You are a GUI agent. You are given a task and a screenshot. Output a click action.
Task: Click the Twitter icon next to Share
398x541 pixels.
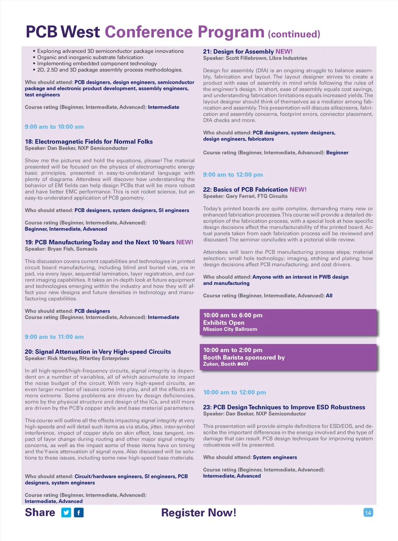[x=66, y=513]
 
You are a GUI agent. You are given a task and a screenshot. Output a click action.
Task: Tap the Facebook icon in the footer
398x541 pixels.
[x=79, y=513]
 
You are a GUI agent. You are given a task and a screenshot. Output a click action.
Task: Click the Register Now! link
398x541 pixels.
[x=199, y=513]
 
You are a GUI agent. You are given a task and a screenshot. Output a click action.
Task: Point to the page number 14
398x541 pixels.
[x=368, y=513]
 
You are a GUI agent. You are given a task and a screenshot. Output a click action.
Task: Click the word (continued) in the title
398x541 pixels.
[x=294, y=34]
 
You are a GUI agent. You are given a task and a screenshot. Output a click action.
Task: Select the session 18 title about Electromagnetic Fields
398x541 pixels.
[x=89, y=141]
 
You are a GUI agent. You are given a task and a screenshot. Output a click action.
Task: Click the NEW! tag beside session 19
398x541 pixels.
[x=185, y=242]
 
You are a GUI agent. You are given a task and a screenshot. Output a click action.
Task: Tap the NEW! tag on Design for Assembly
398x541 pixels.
[x=284, y=51]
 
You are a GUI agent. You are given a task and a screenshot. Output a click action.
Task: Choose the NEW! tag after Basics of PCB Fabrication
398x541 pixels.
[x=298, y=189]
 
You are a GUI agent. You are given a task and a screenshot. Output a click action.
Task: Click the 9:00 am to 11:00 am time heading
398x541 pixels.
[x=54, y=337]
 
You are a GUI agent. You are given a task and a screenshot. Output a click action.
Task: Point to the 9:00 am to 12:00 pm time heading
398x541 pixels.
[x=233, y=175]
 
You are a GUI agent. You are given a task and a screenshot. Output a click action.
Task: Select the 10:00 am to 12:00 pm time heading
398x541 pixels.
[x=234, y=392]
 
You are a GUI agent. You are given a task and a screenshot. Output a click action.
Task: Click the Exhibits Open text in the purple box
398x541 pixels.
[x=224, y=323]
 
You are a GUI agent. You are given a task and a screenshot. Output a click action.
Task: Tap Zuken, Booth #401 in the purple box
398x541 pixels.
[x=225, y=364]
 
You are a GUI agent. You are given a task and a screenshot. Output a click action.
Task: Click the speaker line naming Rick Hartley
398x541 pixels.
[x=77, y=358]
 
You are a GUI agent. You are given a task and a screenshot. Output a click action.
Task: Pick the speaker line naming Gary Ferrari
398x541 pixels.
[x=245, y=196]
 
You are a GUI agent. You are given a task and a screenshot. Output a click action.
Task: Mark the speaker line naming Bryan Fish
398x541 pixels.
[x=61, y=249]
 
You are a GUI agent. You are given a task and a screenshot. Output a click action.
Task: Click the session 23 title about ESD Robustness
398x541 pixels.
[x=284, y=407]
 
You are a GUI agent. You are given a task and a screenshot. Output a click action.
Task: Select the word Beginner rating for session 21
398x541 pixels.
[x=337, y=152]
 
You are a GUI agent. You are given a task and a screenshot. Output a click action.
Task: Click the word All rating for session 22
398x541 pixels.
[x=329, y=295]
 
